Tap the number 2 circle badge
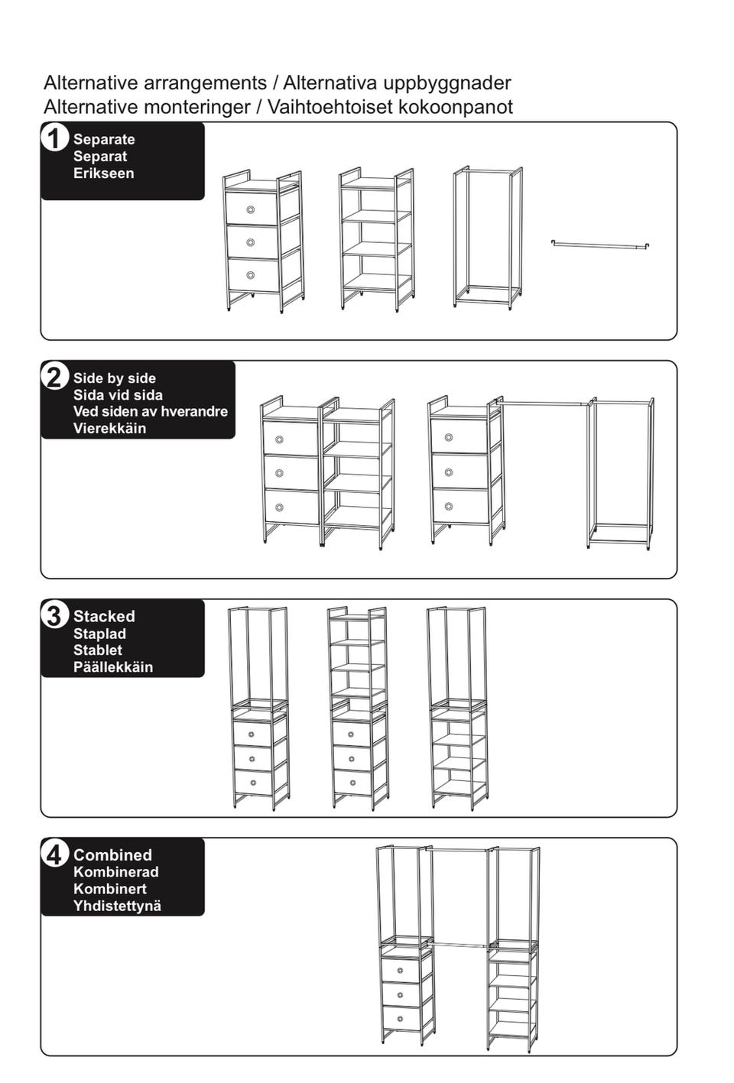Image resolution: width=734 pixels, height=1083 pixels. [x=54, y=377]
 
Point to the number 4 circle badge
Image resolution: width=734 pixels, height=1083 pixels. [x=54, y=854]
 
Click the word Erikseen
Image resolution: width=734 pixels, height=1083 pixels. [x=103, y=173]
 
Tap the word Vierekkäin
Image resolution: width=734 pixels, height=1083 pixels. [x=109, y=428]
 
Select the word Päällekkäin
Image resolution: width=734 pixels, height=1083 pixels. [x=113, y=666]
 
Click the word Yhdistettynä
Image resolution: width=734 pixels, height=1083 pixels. [x=117, y=906]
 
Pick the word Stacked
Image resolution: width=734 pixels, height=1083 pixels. [x=104, y=616]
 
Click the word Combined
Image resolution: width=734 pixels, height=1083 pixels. [x=112, y=854]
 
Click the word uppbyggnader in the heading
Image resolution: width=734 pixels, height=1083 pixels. [x=447, y=83]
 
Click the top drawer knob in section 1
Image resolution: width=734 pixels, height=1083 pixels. [x=251, y=209]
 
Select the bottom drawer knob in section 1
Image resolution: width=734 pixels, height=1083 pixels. [x=251, y=275]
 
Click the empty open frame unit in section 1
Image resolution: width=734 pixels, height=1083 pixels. [x=488, y=238]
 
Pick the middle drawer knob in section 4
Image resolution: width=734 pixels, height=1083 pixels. [x=401, y=994]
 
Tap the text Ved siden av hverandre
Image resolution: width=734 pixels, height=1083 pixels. [x=151, y=411]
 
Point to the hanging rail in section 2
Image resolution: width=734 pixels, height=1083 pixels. [x=543, y=401]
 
